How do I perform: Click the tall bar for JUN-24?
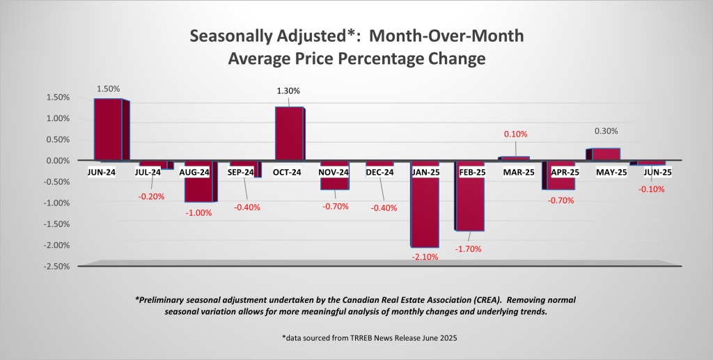click(x=109, y=130)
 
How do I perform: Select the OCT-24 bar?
click(x=290, y=134)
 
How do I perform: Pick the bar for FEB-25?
click(x=470, y=203)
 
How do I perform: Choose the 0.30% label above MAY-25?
click(x=606, y=131)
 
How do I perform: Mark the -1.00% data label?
click(x=199, y=212)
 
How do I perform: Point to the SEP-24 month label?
click(x=244, y=172)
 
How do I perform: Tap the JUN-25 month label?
click(x=652, y=172)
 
